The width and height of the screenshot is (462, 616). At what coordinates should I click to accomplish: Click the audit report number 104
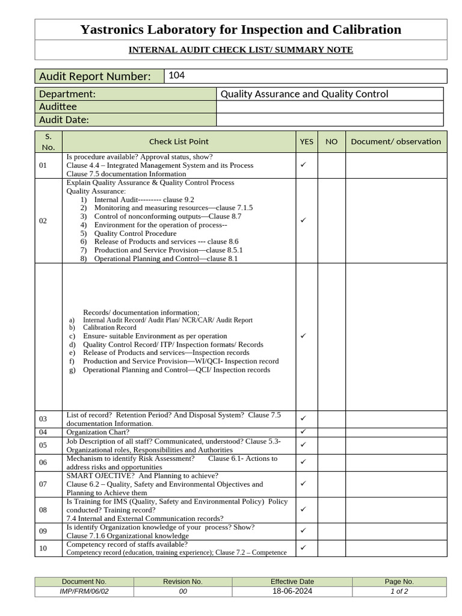click(176, 75)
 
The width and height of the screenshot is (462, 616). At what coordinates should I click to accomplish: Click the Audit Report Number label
click(94, 76)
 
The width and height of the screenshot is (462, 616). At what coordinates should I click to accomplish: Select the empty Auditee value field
click(329, 106)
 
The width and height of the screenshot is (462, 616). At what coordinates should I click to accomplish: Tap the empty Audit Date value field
click(329, 120)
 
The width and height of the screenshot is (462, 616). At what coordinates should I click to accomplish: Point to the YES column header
click(306, 141)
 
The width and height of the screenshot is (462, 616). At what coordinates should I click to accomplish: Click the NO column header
click(331, 141)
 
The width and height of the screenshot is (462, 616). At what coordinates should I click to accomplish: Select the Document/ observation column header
click(396, 141)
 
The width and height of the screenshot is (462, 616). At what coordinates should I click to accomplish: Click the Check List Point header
click(179, 141)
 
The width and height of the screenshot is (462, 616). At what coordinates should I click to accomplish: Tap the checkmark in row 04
click(304, 432)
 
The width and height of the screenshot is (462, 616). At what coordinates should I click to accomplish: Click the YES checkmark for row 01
click(304, 165)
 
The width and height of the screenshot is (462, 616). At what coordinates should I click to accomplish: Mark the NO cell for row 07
click(331, 484)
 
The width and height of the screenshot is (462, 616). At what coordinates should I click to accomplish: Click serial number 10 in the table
click(43, 548)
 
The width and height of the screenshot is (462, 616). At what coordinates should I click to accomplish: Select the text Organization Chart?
click(97, 432)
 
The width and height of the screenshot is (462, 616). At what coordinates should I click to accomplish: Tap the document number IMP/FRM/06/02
click(84, 591)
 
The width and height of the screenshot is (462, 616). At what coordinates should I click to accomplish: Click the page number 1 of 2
click(399, 591)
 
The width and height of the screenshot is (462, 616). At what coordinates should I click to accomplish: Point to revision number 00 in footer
click(183, 591)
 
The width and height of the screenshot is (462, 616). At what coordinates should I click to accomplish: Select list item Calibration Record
click(109, 328)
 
